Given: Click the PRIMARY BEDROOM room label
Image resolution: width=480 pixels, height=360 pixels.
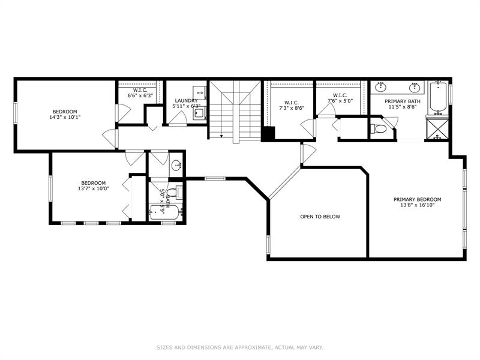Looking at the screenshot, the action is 417,200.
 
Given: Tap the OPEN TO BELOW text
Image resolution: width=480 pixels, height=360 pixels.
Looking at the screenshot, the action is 320,217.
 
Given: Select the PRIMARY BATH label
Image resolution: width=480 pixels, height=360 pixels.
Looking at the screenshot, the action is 402,101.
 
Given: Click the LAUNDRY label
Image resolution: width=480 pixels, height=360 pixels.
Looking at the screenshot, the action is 186,101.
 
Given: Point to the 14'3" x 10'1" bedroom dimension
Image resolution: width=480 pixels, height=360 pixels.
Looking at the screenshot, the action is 65,117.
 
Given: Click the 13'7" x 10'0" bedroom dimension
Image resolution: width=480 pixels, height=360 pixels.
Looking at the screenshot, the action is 94,188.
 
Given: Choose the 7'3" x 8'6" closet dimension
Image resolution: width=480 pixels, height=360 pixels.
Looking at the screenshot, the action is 292,108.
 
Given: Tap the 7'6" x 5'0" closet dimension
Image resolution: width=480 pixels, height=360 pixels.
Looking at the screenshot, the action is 340,101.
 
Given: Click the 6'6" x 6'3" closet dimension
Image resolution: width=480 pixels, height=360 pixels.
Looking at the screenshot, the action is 140,95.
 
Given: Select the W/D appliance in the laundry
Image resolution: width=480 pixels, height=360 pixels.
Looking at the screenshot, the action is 200,93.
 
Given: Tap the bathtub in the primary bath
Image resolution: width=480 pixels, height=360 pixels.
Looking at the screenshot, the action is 439,98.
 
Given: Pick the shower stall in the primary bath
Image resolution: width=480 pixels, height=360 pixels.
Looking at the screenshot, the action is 438,128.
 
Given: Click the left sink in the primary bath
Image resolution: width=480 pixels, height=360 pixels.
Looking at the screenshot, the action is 381,88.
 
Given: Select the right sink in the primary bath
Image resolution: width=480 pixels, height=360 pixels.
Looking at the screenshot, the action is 415,88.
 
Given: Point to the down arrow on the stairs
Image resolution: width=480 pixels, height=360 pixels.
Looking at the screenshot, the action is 221,136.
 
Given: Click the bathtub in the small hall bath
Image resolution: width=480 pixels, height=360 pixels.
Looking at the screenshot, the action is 164,212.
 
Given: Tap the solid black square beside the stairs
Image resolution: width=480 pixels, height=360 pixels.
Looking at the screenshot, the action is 268,133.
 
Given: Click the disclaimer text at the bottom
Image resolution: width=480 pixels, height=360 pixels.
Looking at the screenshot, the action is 240,347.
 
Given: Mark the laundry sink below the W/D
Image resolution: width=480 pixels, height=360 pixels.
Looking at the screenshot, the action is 200,112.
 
